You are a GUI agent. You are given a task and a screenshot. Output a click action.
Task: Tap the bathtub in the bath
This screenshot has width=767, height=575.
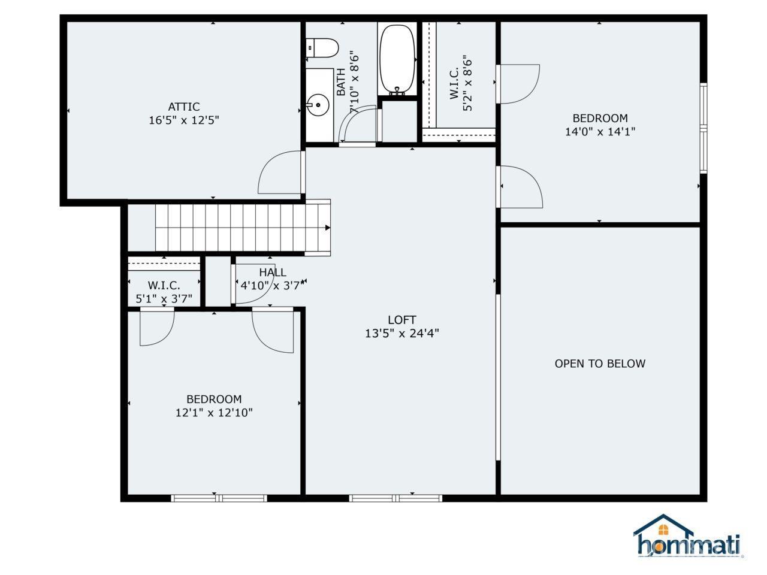tap(397, 59)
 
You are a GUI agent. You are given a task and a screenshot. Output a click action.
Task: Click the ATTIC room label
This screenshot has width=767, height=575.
tap(183, 107)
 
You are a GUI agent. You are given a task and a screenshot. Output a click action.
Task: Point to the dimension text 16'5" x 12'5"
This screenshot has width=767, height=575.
tap(183, 120)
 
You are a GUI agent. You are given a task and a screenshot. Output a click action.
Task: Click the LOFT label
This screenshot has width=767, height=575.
tap(401, 320)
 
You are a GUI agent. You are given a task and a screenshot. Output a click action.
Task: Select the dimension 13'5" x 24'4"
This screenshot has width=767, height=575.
tap(401, 334)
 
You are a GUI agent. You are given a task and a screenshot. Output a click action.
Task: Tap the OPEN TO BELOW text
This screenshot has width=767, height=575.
tap(600, 364)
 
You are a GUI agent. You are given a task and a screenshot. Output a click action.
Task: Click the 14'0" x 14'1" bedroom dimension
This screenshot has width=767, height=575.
tap(600, 132)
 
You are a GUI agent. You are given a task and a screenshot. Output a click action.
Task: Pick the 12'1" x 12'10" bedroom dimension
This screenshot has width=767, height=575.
tap(214, 413)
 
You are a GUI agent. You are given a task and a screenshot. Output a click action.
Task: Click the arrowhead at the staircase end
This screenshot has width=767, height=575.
tap(327, 228)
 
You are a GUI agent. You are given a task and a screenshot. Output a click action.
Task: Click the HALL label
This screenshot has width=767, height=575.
tap(273, 273)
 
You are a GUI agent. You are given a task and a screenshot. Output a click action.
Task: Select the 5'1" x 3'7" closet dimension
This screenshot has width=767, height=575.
tap(164, 298)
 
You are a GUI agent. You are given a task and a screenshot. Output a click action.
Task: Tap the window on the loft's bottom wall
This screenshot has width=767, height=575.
tap(395, 498)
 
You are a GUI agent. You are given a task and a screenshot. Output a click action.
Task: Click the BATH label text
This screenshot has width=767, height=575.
tap(341, 83)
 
